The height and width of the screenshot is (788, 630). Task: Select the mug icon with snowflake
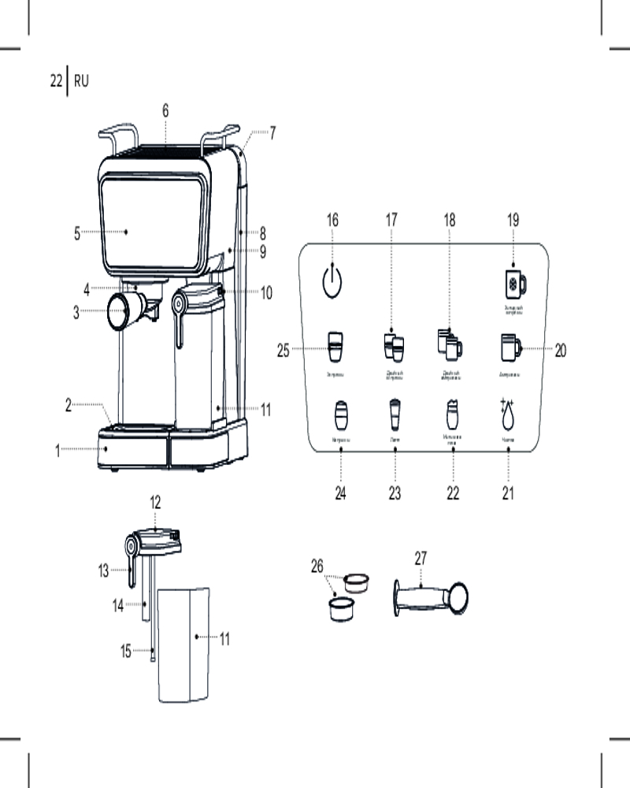pyautogui.click(x=514, y=282)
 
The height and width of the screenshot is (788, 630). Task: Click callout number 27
pyautogui.click(x=421, y=557)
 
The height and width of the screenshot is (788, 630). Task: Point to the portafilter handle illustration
pyautogui.click(x=429, y=597)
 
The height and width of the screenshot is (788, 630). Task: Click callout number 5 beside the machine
pyautogui.click(x=77, y=232)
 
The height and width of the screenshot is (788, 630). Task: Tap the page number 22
pyautogui.click(x=56, y=80)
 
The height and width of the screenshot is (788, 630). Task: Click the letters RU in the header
pyautogui.click(x=81, y=80)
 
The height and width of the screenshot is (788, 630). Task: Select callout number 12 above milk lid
pyautogui.click(x=155, y=501)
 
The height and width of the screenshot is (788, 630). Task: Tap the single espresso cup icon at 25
pyautogui.click(x=335, y=344)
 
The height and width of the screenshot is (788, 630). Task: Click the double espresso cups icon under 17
pyautogui.click(x=394, y=345)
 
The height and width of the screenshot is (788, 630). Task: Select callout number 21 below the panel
pyautogui.click(x=508, y=494)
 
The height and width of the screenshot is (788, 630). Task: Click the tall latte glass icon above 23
pyautogui.click(x=394, y=413)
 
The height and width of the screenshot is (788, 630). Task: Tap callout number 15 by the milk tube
pyautogui.click(x=126, y=652)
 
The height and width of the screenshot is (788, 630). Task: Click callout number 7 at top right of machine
pyautogui.click(x=272, y=133)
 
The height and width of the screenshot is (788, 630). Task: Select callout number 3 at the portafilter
pyautogui.click(x=76, y=312)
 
